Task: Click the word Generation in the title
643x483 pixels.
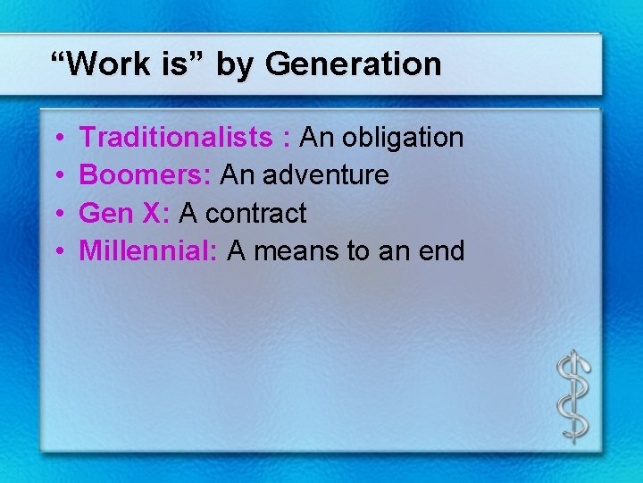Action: click(353, 64)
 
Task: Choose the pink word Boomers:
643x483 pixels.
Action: click(146, 175)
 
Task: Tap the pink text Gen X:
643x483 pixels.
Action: click(125, 213)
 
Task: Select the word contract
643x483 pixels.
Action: click(255, 214)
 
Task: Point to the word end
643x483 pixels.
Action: click(439, 251)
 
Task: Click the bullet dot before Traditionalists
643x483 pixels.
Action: click(57, 139)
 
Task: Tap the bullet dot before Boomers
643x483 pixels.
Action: click(57, 176)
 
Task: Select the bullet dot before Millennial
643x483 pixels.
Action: click(57, 252)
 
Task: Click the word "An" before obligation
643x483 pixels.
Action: click(316, 137)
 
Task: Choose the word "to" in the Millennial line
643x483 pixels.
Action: click(357, 251)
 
